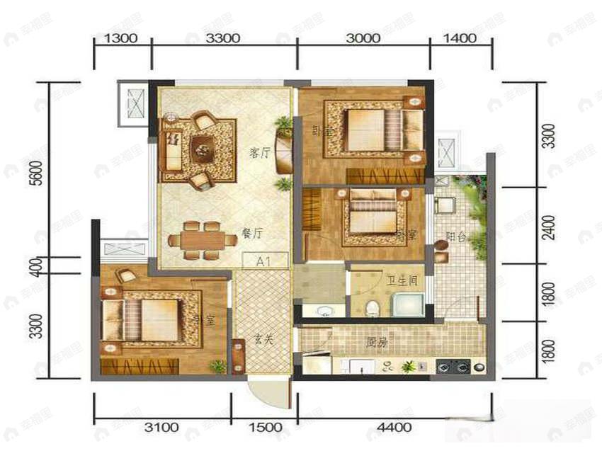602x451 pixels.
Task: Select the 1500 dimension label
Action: [x=265, y=427]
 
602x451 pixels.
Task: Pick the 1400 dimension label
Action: [x=462, y=39]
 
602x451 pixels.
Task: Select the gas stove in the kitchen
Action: [x=454, y=367]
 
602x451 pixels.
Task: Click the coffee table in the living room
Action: [x=203, y=148]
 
